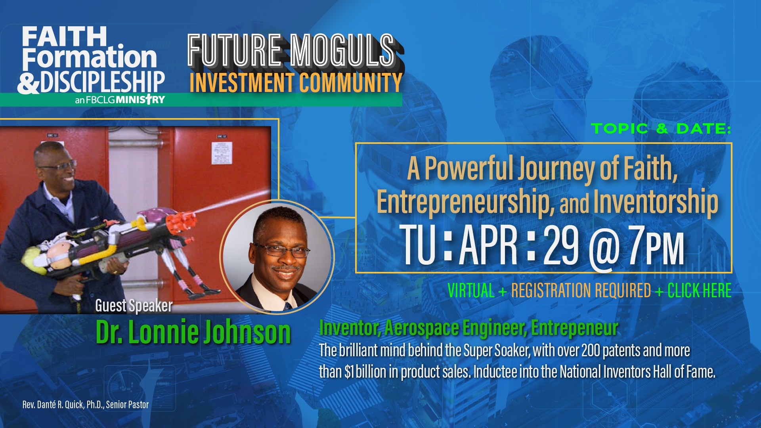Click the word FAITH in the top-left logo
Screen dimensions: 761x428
64,36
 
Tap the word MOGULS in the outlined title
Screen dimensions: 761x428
342,50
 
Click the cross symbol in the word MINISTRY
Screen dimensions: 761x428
148,99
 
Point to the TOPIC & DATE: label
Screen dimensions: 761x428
661,128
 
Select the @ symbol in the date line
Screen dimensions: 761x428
604,250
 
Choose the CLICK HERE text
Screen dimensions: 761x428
699,290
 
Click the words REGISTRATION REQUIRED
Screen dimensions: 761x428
581,290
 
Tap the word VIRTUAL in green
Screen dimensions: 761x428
471,290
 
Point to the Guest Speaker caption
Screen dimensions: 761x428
134,306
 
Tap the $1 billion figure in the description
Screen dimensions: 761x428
365,372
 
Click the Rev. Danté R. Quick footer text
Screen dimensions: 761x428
86,405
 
